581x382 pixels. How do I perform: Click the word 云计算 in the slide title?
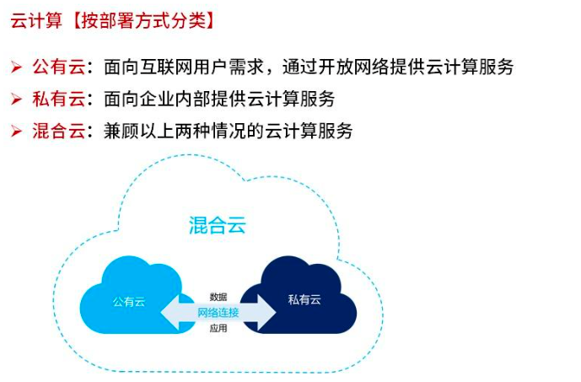coord(36,21)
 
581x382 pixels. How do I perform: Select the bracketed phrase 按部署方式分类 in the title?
coord(144,21)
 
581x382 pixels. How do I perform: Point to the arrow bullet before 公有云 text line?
coord(16,67)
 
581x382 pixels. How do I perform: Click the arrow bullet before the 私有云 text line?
coord(16,100)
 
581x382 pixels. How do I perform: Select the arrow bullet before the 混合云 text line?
coord(16,131)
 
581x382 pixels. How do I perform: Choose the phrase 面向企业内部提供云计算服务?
coord(220,99)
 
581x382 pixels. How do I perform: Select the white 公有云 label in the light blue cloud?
coord(128,301)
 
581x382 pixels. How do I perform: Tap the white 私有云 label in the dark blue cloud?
coord(304,301)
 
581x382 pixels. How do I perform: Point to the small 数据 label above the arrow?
coord(218,297)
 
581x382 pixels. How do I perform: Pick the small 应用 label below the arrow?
coord(218,328)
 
